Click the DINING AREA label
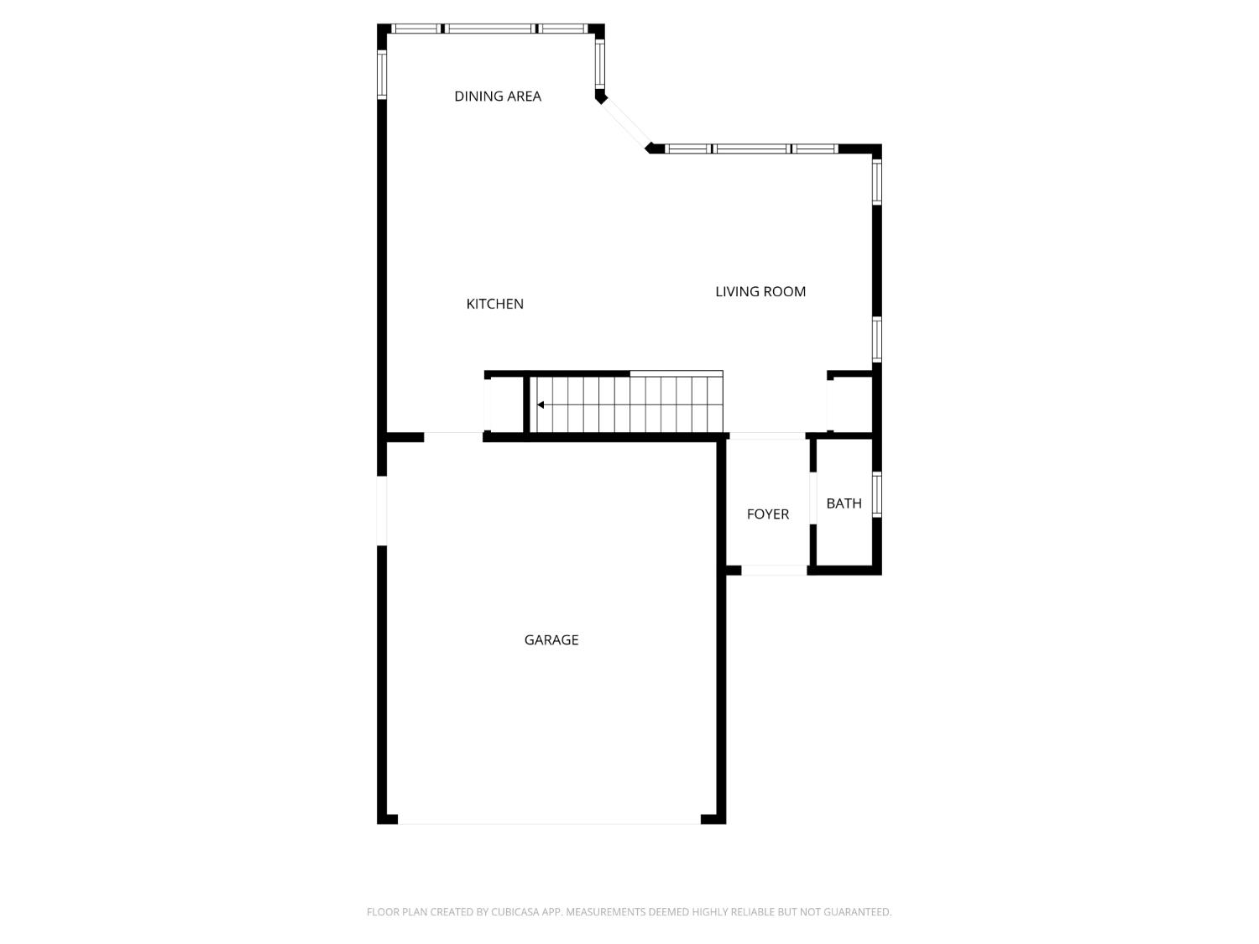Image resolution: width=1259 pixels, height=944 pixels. point(498,96)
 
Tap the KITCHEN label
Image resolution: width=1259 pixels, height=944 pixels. point(494,304)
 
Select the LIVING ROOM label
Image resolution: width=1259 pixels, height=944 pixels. point(760,292)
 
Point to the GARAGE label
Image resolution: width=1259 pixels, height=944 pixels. point(551,640)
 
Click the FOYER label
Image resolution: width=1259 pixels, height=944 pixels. point(768,514)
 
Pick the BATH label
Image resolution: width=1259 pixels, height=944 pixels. point(844,503)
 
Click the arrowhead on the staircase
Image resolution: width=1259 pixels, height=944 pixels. point(541,405)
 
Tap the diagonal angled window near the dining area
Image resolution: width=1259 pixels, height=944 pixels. point(626,123)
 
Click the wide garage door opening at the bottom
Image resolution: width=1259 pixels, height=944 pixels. point(550,822)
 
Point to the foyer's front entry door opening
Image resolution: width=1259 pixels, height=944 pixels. point(774,571)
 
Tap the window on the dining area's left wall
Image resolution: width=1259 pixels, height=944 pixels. point(382,76)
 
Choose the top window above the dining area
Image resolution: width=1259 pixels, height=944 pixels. point(490,29)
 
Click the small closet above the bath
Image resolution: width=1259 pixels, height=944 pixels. point(849,404)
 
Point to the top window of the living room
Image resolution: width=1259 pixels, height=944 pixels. point(752,149)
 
